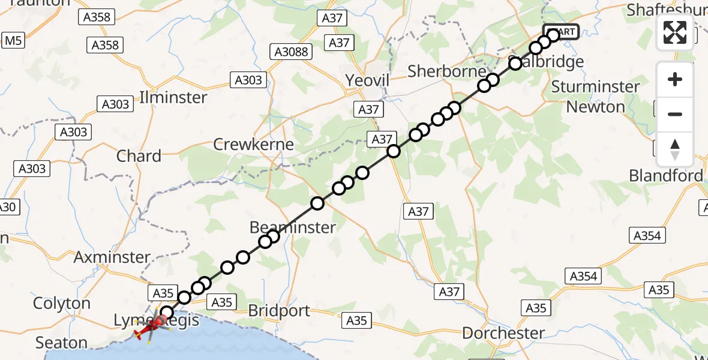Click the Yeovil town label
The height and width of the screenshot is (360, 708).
point(368,80)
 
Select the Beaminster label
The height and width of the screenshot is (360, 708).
point(292,227)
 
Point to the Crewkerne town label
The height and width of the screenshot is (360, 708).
point(254,145)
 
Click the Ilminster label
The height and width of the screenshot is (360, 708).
point(173,97)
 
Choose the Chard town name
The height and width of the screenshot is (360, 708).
point(139,156)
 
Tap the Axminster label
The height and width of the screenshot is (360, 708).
point(112,257)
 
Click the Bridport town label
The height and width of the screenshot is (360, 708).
point(279,311)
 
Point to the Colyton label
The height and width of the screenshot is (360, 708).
point(61,303)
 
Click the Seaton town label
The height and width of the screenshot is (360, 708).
point(61,343)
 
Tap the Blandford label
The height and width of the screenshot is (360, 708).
point(665,176)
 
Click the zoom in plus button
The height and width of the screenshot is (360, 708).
point(675,79)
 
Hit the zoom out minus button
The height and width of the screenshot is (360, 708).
point(675,114)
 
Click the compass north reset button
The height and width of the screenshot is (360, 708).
point(675,149)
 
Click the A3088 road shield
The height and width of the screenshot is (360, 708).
point(292,52)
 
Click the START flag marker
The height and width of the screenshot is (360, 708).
point(561,31)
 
